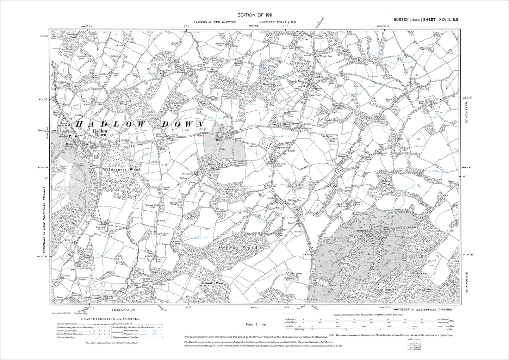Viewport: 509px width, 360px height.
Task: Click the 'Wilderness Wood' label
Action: tap(122, 170)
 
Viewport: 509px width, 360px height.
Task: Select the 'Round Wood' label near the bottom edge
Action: tap(212, 283)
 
